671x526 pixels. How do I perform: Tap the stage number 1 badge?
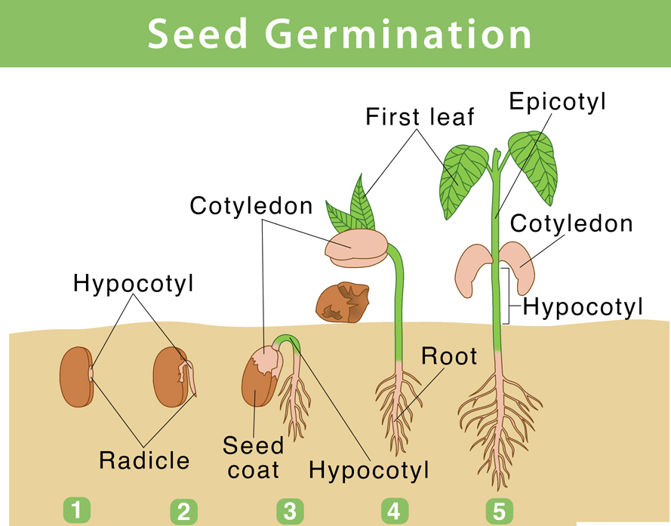tap(76, 510)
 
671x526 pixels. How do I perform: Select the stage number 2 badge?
tap(183, 512)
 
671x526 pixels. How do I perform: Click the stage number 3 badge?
tap(289, 512)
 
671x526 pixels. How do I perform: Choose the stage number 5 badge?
tap(498, 512)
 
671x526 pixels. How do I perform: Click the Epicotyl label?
tap(557, 102)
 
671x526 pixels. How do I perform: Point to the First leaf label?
tap(420, 117)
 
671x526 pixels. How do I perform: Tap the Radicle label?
tap(144, 459)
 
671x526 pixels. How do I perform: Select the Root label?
tap(449, 355)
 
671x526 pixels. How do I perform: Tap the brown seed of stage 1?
tap(75, 375)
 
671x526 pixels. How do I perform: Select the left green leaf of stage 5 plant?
tap(463, 178)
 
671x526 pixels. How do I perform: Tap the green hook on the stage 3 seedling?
tap(288, 343)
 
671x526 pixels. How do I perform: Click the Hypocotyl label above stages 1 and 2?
tap(134, 284)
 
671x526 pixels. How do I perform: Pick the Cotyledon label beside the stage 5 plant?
tap(571, 223)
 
